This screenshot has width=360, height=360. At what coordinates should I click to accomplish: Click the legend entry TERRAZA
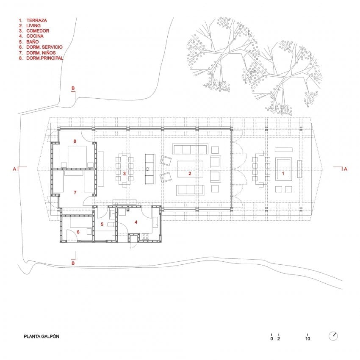(36, 20)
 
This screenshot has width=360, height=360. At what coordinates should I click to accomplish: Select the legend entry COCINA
(35, 36)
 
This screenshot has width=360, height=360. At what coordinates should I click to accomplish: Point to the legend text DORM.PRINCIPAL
(44, 58)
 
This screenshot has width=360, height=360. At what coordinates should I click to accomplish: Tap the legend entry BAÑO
(32, 42)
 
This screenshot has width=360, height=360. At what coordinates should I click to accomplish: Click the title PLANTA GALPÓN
(42, 336)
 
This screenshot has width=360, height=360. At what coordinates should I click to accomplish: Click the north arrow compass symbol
(333, 336)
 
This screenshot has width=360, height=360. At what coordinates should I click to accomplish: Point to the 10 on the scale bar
(307, 338)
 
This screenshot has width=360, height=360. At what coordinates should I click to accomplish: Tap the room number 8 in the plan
(75, 141)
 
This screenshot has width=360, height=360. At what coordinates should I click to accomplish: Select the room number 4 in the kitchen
(136, 222)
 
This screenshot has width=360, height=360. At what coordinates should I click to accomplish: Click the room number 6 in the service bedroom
(78, 232)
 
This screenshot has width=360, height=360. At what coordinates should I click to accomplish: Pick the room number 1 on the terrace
(283, 173)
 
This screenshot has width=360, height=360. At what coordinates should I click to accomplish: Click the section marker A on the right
(346, 169)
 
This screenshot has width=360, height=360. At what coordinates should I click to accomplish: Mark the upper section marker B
(73, 88)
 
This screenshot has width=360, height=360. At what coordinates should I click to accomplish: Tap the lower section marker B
(73, 263)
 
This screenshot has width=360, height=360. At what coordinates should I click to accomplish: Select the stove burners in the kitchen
(146, 236)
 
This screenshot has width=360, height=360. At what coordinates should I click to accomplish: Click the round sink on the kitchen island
(147, 169)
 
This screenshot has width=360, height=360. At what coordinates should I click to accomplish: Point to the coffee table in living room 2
(190, 169)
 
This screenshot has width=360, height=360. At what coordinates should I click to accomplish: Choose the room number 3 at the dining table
(125, 173)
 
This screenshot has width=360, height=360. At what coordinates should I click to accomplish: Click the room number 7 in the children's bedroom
(75, 192)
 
